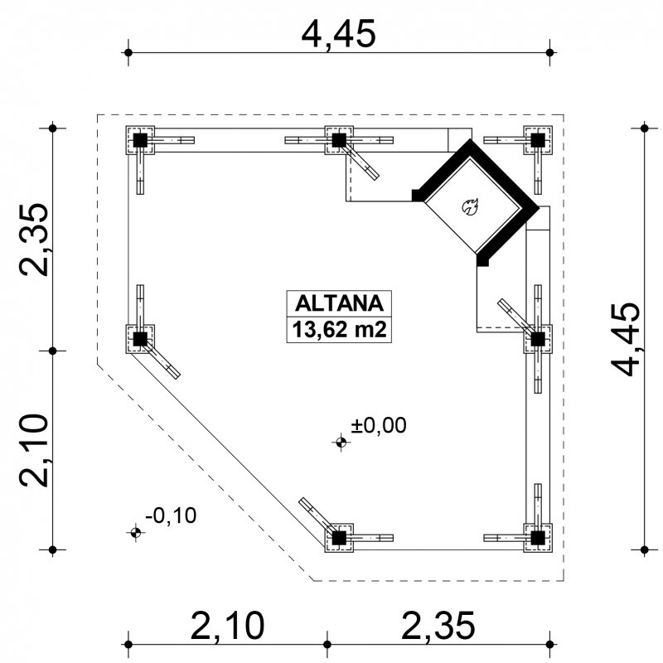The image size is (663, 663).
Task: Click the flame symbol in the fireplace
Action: (x=470, y=207)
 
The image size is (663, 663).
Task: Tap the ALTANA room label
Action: (x=339, y=303)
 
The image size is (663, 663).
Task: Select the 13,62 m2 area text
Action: (x=339, y=329)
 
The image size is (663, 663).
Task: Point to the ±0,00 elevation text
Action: (x=379, y=425)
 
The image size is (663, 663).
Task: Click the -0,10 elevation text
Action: (x=171, y=515)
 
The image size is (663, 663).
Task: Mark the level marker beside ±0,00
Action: (x=341, y=443)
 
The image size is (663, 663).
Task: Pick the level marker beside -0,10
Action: (x=135, y=532)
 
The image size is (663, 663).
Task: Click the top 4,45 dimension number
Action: (x=338, y=34)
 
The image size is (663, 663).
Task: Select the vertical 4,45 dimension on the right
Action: (x=626, y=339)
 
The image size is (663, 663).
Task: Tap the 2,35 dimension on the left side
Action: (x=34, y=240)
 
